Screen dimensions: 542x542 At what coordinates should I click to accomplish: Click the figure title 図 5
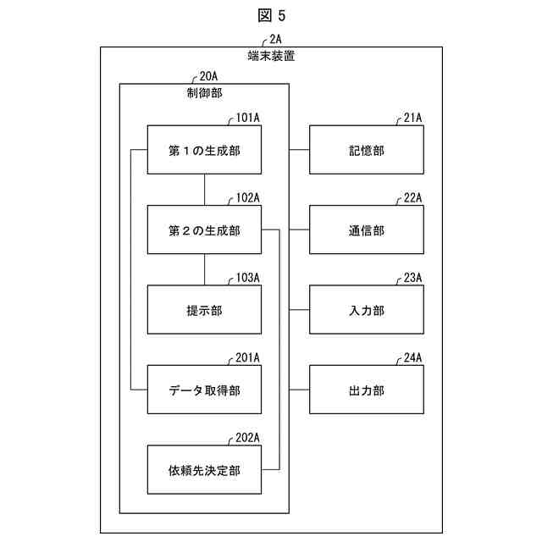(271, 14)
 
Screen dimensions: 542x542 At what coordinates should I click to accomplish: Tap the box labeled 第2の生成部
(204, 230)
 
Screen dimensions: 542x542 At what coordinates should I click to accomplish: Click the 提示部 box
(204, 310)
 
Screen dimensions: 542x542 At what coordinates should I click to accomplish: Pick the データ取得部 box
(204, 390)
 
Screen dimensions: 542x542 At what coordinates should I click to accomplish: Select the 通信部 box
(366, 230)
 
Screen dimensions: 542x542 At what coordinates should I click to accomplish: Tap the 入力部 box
(366, 310)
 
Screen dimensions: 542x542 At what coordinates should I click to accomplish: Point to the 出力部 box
(366, 390)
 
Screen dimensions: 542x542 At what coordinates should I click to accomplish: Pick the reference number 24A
(412, 358)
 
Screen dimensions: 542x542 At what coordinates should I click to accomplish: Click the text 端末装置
(271, 56)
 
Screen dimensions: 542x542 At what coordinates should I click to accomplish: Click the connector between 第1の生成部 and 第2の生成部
(204, 190)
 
